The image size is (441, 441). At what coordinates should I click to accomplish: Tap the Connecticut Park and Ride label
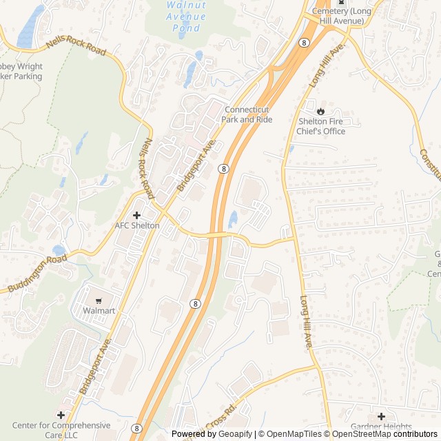click(247, 114)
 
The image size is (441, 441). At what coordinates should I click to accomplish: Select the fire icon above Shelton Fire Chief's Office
click(320, 110)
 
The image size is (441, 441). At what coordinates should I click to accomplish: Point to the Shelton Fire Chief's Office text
click(320, 127)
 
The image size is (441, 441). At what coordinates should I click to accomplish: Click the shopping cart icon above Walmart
click(99, 300)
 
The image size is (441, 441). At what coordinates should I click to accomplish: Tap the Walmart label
click(99, 311)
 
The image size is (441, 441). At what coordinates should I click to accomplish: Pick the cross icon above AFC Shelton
click(136, 215)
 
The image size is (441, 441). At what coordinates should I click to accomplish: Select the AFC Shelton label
click(136, 226)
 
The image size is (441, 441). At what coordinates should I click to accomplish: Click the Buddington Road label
click(38, 274)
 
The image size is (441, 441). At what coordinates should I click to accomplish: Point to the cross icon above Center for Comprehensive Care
click(61, 415)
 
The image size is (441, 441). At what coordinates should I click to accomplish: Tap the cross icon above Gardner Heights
click(381, 416)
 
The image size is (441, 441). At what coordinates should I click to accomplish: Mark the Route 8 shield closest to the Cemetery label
click(303, 43)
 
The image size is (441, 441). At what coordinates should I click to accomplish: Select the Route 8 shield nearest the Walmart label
click(196, 303)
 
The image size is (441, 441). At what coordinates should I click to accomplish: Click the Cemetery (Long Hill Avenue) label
click(342, 15)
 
